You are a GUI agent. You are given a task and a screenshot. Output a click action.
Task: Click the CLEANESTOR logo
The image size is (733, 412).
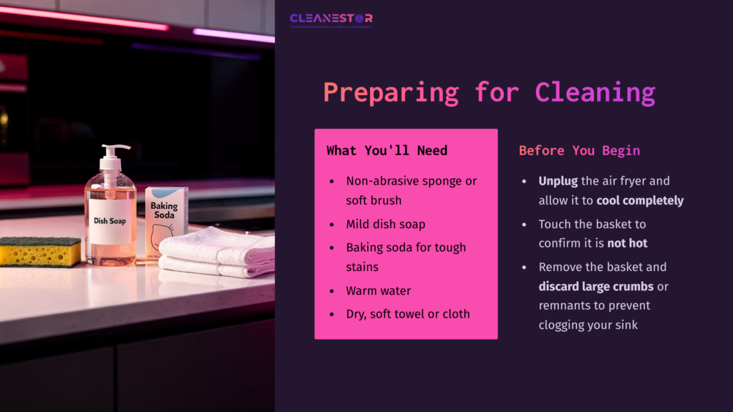point(331,19)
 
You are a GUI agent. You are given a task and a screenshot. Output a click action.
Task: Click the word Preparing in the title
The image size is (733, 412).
point(391,92)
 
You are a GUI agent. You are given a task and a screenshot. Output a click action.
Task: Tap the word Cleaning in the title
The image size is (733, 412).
point(595,92)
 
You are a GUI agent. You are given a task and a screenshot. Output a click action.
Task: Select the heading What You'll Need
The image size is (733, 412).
point(387,150)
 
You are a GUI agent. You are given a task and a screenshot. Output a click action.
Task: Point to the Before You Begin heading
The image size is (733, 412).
point(579,150)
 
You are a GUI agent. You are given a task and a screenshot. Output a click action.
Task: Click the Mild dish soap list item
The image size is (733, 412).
point(386,224)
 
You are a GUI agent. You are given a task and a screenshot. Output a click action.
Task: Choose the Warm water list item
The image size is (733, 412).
point(378,291)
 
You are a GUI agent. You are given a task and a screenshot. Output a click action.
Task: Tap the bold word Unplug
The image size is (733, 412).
point(558,181)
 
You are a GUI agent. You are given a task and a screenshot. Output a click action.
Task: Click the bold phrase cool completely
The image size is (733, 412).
point(640,200)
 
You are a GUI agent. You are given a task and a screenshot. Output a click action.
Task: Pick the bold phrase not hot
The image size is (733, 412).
point(627,243)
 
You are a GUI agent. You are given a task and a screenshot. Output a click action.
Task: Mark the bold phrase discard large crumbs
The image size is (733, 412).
point(596,287)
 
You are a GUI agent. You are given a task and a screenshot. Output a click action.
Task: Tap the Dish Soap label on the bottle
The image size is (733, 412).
point(110,221)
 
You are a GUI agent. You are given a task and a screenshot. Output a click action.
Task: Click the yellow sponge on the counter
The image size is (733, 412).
point(40,252)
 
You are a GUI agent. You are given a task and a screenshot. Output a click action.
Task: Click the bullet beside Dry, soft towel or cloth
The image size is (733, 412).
point(331,314)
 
